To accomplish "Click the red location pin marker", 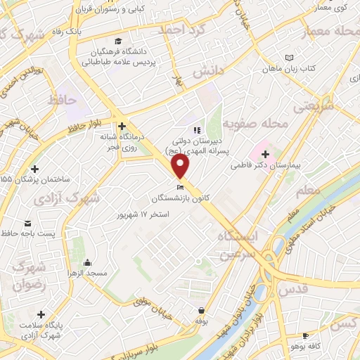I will click(x=181, y=166).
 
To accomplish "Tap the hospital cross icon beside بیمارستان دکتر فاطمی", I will click(x=264, y=154).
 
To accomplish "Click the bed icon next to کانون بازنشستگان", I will click(x=180, y=188).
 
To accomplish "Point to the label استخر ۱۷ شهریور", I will click(x=143, y=213).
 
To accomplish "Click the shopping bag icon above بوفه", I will click(x=202, y=309).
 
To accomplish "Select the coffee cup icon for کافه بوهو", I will click(x=305, y=336).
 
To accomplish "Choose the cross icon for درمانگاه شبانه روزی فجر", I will click(x=122, y=126).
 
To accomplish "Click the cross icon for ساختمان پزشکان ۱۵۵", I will click(x=34, y=168).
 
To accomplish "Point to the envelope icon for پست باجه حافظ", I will click(x=8, y=232).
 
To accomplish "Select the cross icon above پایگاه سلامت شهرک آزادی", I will click(x=41, y=314).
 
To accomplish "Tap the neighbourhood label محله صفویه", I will click(x=255, y=124).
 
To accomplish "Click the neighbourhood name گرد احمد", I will click(x=181, y=31).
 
